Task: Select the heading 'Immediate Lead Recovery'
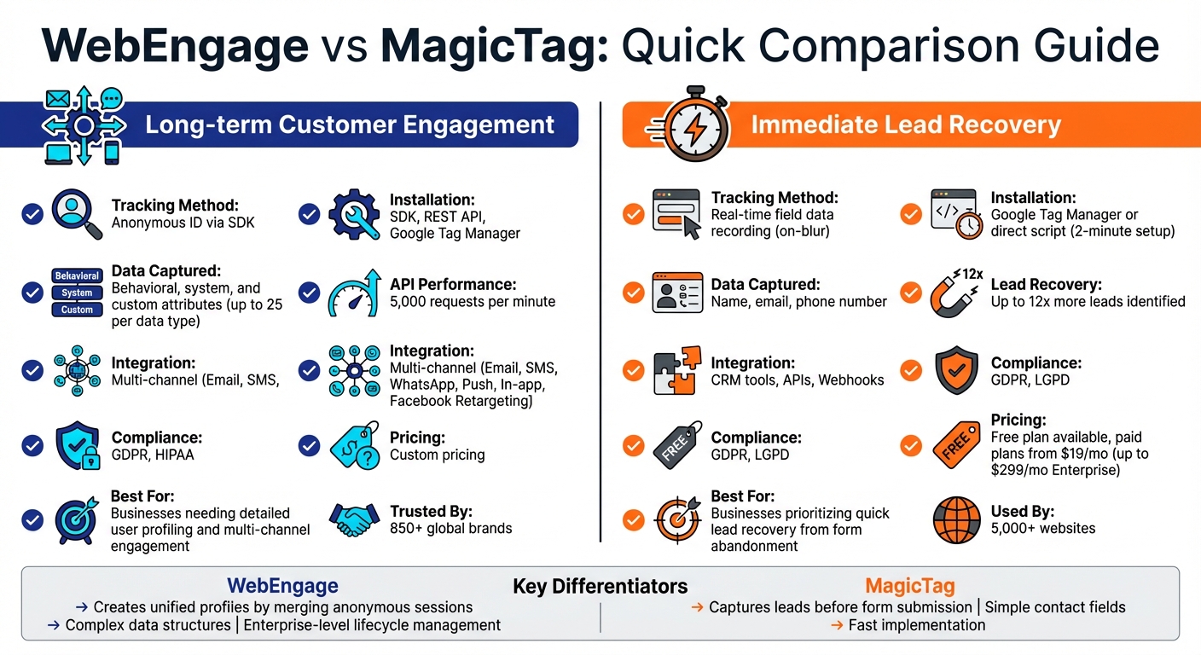point(905,125)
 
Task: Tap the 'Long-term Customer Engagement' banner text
point(350,125)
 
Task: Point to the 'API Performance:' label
point(453,284)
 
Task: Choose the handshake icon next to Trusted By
point(353,519)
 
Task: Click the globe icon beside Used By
point(956,519)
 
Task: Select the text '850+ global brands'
point(450,528)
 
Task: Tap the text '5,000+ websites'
point(1042,528)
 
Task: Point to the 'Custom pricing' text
point(437,455)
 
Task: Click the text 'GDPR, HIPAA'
point(153,455)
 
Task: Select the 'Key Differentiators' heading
point(600,586)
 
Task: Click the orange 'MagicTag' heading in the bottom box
point(909,586)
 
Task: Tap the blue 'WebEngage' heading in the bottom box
point(282,586)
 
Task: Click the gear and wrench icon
point(354,214)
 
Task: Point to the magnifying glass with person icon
point(77,214)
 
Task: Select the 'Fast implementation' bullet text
point(916,625)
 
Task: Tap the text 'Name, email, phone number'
point(798,301)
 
